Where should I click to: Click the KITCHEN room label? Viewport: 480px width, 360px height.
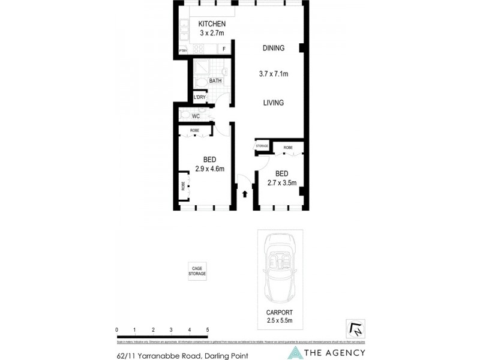212,24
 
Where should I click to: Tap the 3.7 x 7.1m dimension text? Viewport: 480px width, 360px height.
274,74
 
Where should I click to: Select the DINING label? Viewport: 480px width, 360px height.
273,48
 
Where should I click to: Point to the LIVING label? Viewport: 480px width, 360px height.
273,103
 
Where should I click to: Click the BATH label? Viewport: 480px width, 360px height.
215,80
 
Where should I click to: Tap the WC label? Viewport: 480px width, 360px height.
196,116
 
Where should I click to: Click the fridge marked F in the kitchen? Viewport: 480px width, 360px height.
224,49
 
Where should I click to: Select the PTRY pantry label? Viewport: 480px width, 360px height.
183,50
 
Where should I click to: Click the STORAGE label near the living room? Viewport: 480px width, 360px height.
262,146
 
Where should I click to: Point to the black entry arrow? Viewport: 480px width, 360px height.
245,193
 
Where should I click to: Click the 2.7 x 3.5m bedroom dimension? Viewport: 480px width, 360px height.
281,183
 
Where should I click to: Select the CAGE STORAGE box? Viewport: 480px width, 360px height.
197,271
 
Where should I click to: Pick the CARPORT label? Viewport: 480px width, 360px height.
280,313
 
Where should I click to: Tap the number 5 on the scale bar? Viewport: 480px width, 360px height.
208,330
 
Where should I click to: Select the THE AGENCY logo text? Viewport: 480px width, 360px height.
336,353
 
